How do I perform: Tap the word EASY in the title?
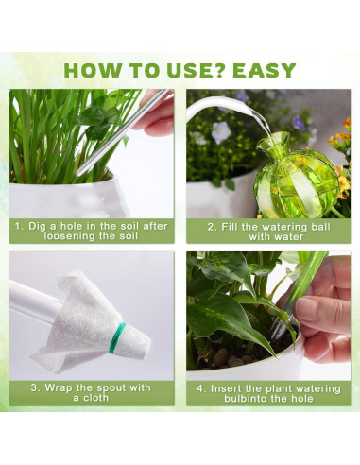click(x=264, y=70)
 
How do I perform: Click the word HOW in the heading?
click(x=92, y=70)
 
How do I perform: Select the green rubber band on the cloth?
click(x=117, y=337)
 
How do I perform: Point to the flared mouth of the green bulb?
click(x=273, y=141)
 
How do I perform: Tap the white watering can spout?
click(x=220, y=106)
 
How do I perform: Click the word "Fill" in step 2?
click(x=229, y=227)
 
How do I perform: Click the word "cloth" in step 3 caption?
click(x=95, y=398)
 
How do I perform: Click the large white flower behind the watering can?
click(x=220, y=131)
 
